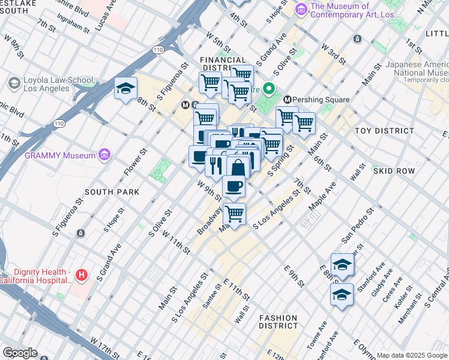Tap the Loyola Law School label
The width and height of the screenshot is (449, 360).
click(59, 85)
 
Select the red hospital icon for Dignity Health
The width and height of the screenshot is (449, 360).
click(82, 275)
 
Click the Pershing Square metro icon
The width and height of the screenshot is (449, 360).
click(288, 99)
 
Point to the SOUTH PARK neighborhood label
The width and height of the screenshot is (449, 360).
click(112, 192)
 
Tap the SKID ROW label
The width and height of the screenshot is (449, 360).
click(394, 171)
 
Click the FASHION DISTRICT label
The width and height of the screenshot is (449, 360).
click(278, 322)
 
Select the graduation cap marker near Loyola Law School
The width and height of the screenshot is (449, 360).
click(126, 89)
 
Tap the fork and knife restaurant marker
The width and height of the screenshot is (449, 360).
click(215, 165)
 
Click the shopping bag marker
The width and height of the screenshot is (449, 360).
click(238, 167)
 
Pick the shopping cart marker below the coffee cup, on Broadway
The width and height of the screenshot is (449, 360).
click(234, 213)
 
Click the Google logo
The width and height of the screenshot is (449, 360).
click(20, 353)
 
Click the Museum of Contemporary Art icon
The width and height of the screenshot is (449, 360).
click(301, 10)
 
